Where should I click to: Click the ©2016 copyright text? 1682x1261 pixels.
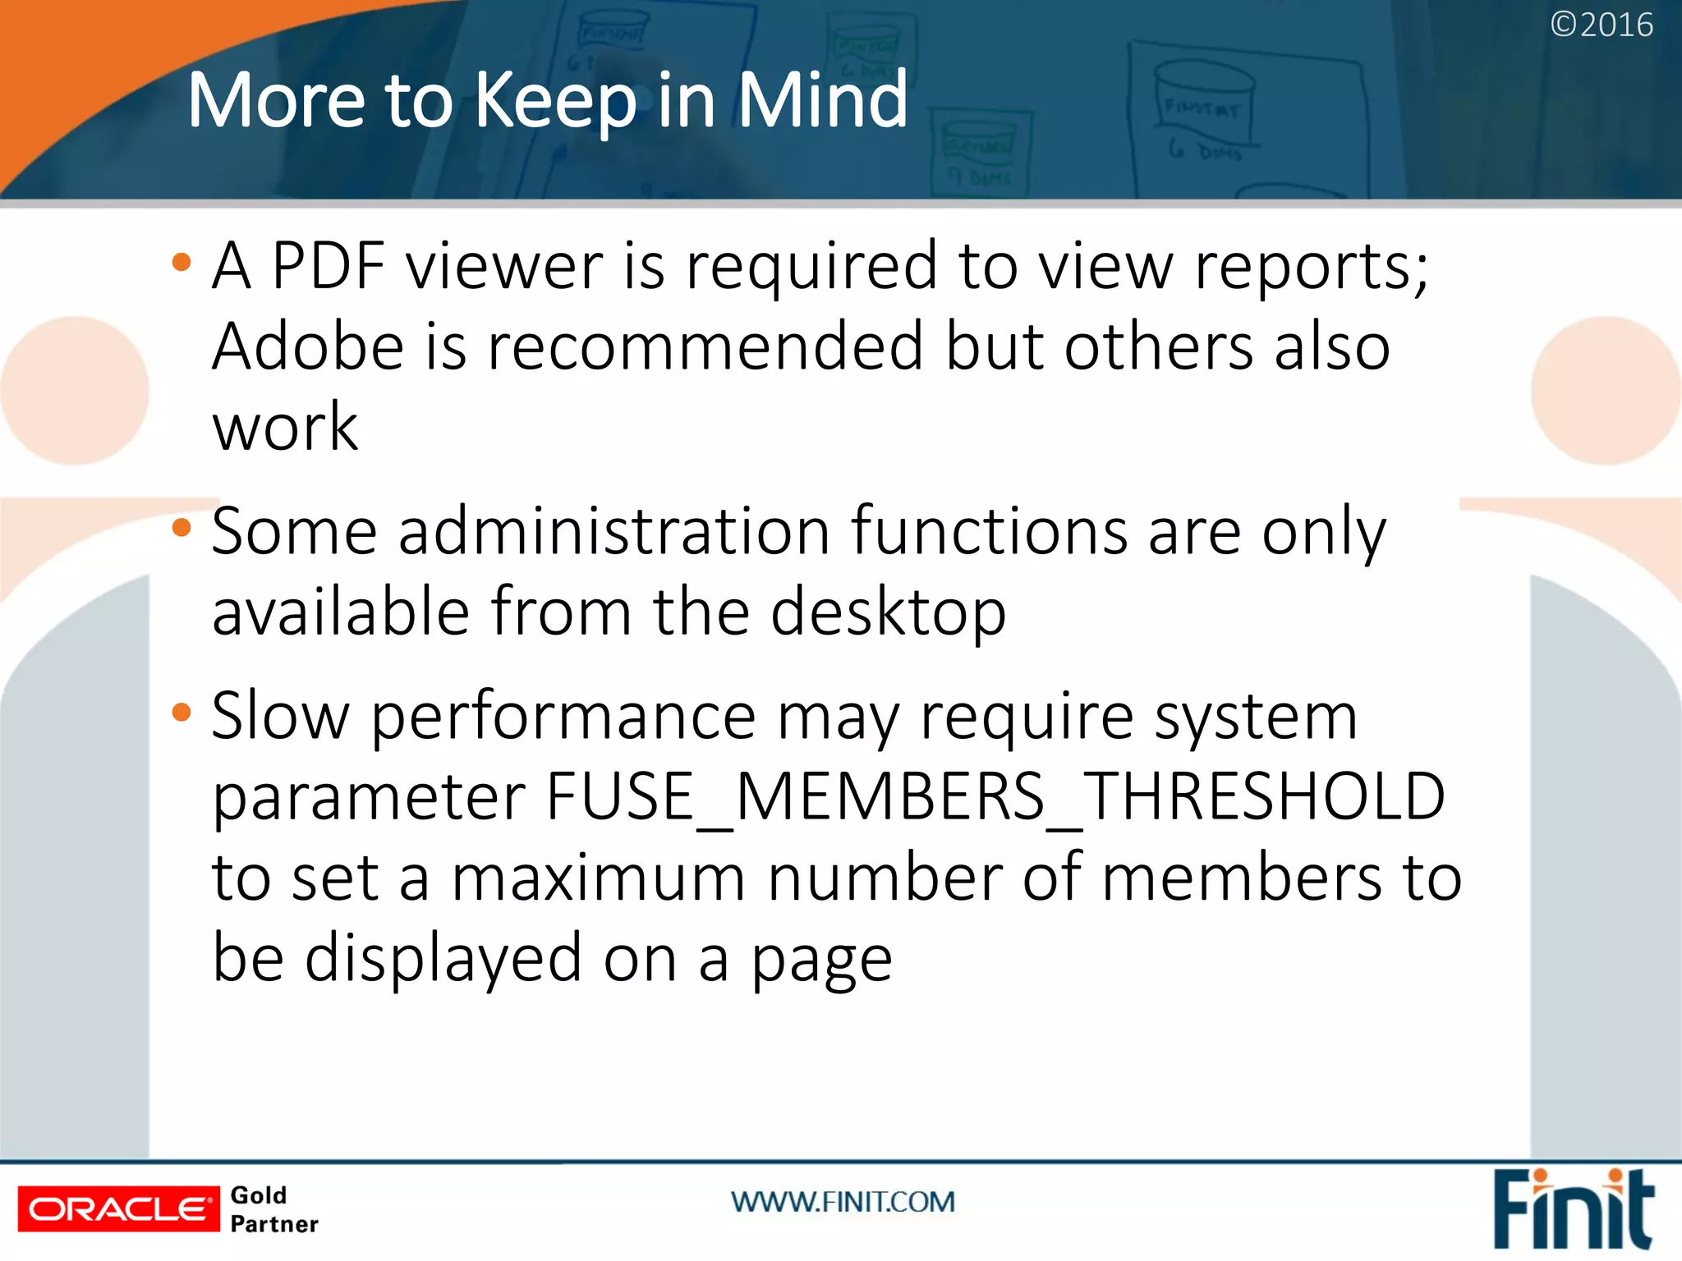click(x=1601, y=25)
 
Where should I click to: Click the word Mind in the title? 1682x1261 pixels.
click(x=822, y=99)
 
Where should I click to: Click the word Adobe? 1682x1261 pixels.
click(x=308, y=346)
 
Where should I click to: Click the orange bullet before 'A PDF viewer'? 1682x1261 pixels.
click(x=182, y=263)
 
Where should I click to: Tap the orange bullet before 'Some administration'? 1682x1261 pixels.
click(x=182, y=529)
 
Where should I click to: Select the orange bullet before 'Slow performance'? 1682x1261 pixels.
click(x=182, y=713)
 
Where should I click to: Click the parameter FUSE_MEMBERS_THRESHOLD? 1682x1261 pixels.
click(x=995, y=796)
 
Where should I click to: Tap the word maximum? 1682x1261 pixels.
click(x=599, y=877)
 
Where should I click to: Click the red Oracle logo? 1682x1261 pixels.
click(x=118, y=1208)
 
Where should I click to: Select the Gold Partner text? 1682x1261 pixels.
click(x=273, y=1209)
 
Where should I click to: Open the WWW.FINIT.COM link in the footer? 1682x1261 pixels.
click(x=843, y=1203)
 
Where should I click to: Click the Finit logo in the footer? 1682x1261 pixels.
click(x=1572, y=1208)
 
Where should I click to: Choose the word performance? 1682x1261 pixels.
click(x=563, y=716)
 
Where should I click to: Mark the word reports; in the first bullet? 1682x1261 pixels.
click(x=1311, y=267)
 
